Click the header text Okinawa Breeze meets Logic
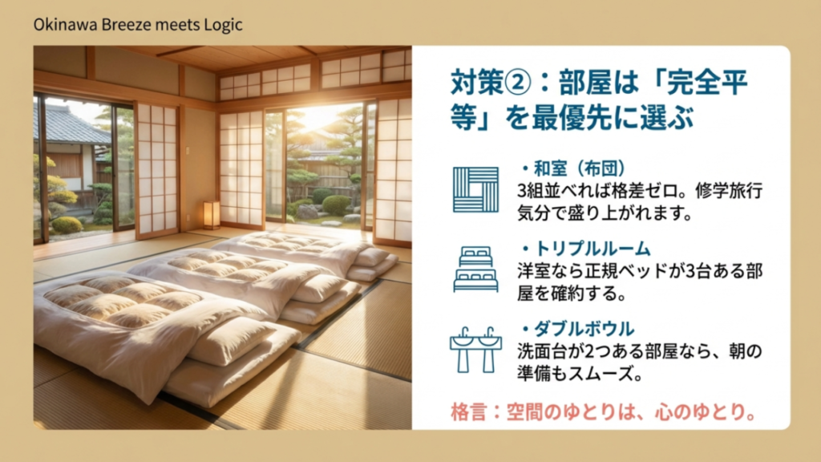(138, 25)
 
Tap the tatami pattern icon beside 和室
(475, 190)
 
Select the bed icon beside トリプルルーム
(475, 269)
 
